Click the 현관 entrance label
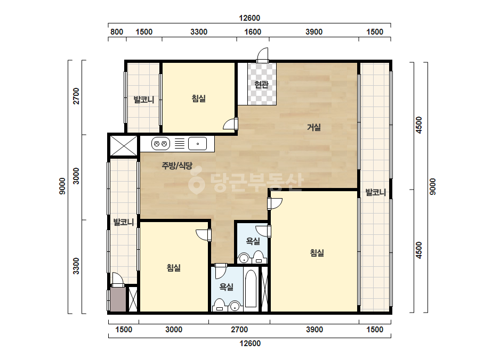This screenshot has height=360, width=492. click(261, 84)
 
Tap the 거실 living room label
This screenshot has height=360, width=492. click(314, 127)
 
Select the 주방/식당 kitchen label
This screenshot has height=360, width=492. click(176, 166)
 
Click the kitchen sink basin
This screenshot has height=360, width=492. click(197, 144)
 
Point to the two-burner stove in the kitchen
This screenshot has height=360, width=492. click(160, 144)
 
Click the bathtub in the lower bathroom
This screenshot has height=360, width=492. click(251, 288)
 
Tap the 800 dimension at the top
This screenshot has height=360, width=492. click(117, 31)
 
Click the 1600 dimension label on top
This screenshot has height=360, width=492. click(253, 31)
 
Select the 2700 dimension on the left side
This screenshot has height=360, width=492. click(76, 96)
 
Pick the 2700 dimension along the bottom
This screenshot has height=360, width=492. click(239, 330)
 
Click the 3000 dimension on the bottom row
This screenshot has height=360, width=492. click(174, 330)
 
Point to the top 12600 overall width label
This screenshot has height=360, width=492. click(249, 18)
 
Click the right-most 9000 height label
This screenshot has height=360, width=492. click(432, 186)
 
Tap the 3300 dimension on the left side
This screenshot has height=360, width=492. click(76, 266)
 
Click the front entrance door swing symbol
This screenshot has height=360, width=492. click(263, 55)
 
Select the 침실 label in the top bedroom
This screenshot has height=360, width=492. click(199, 99)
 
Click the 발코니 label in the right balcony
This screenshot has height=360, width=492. click(376, 192)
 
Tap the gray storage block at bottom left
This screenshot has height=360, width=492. click(118, 300)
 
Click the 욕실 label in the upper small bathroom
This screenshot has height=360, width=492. click(253, 241)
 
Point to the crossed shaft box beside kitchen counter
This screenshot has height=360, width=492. click(124, 145)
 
